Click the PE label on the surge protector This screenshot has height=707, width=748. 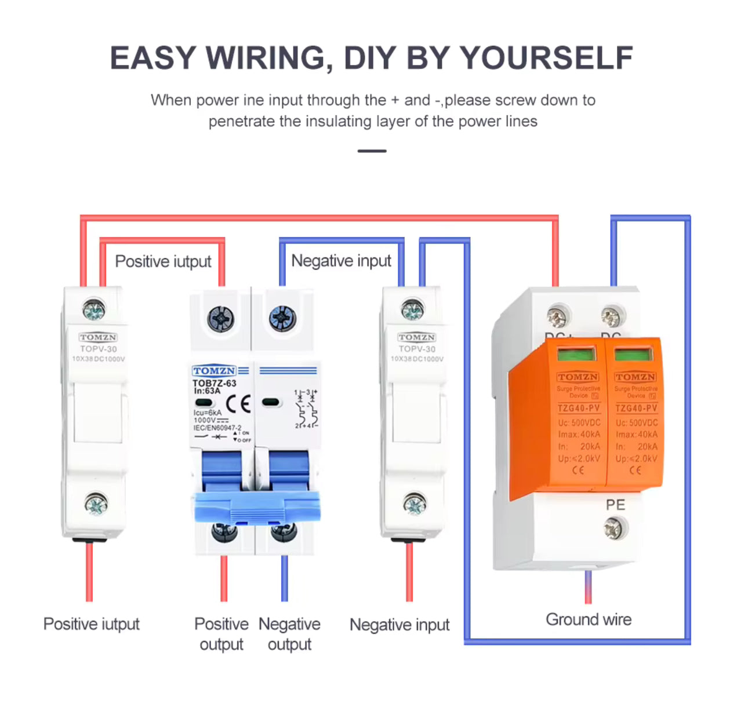point(615,505)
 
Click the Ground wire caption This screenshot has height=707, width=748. point(589,619)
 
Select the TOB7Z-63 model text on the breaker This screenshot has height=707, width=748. point(214,383)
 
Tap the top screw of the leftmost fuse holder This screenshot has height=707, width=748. point(94,311)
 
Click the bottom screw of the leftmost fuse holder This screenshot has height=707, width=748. point(96,504)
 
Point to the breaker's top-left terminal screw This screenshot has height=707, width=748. point(221,318)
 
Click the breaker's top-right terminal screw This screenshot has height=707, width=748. point(282,318)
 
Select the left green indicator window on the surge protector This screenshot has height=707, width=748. point(576,354)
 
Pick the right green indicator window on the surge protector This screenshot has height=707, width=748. point(634,354)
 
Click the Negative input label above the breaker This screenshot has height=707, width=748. point(341,261)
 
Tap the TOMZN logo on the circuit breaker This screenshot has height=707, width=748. point(214,370)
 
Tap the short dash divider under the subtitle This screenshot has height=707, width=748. point(372,151)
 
